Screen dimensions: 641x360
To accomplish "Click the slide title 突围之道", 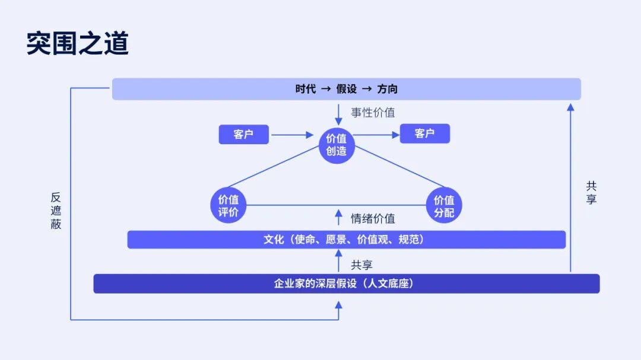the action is tap(78, 43).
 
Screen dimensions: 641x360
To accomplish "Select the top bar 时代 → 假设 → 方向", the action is tap(346, 89).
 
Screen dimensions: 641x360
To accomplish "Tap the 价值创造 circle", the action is tap(337, 145).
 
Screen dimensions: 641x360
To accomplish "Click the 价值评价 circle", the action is tap(228, 206).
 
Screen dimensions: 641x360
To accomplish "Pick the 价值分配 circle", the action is tap(444, 206).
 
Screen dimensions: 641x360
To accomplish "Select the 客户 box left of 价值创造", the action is tap(244, 135).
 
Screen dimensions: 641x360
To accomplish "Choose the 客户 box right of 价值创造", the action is tap(425, 133).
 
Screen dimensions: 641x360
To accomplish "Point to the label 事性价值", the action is tap(373, 112).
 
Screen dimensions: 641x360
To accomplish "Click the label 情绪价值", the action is tap(373, 219).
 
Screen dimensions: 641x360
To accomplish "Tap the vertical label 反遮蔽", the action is tap(56, 211).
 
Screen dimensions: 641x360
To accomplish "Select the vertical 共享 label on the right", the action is tap(591, 193).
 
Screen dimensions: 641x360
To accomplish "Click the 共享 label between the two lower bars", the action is tap(362, 265).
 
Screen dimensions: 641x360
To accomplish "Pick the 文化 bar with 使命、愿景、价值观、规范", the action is tap(346, 240).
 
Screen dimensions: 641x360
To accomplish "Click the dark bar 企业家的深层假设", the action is tap(346, 283).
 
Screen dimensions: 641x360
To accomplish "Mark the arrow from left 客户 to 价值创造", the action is tap(292, 135).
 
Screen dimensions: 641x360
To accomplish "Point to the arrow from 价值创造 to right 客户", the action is tap(376, 135).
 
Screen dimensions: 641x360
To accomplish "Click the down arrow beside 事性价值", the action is tap(338, 115).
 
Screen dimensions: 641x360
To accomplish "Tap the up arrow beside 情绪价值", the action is tap(338, 217).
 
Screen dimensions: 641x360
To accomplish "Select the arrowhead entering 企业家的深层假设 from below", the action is tap(338, 305).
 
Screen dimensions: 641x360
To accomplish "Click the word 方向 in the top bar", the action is tap(387, 89).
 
